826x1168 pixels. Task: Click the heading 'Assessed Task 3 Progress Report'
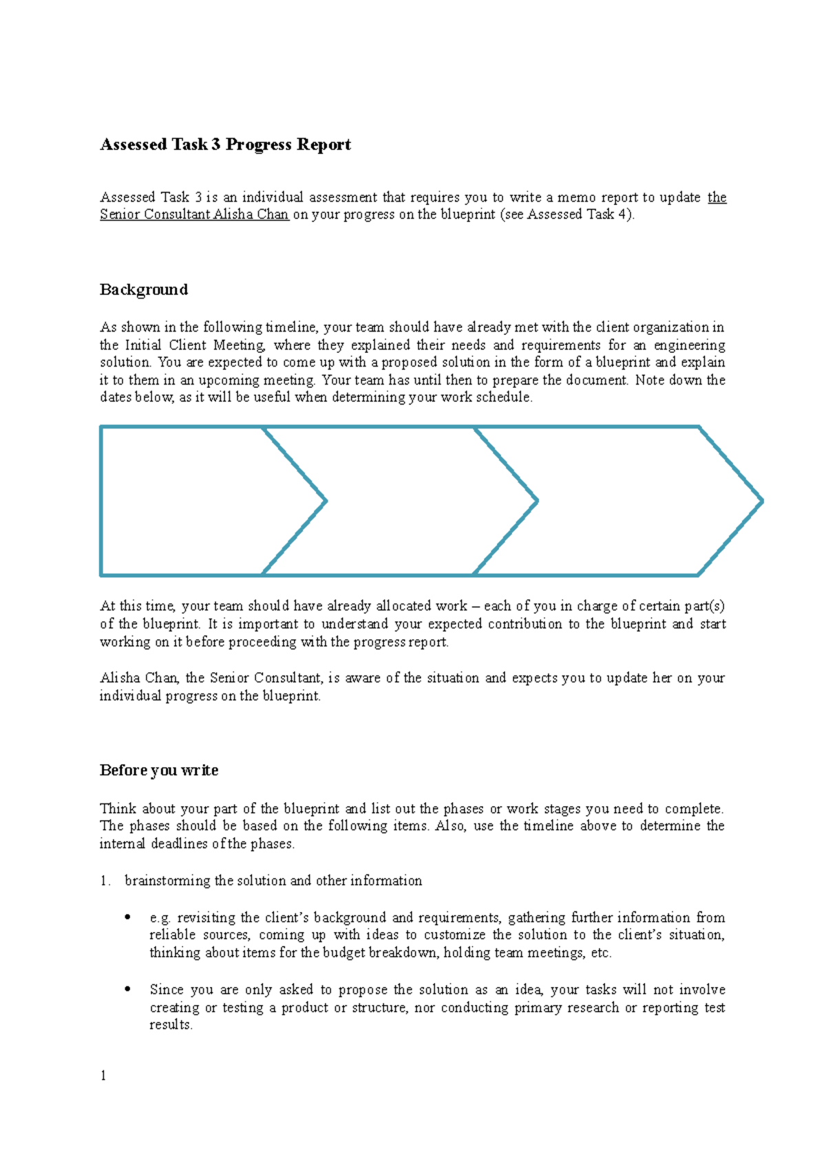(225, 144)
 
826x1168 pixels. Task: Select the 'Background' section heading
(143, 290)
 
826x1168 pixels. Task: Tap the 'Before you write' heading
(159, 770)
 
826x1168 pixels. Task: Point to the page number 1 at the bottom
(103, 1077)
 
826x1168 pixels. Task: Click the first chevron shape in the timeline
(193, 501)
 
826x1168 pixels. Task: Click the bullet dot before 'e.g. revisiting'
(127, 918)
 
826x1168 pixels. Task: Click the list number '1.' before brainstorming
(105, 881)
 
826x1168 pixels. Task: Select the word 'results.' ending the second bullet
(171, 1025)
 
